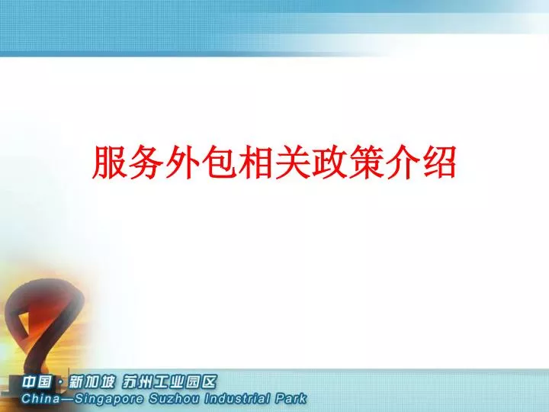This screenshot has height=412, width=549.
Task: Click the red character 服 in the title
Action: (x=109, y=163)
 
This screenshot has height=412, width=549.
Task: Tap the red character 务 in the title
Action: (x=146, y=163)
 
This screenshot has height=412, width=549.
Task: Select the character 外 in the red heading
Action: (x=182, y=163)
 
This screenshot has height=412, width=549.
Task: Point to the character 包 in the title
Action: (x=219, y=163)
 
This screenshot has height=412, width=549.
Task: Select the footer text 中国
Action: (x=37, y=381)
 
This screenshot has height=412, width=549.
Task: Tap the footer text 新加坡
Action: (x=91, y=381)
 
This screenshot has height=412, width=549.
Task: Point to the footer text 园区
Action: (x=201, y=381)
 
